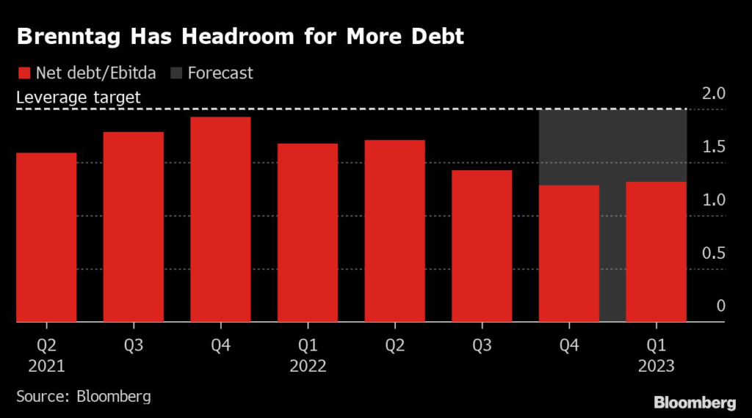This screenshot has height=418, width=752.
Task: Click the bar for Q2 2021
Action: [46, 237]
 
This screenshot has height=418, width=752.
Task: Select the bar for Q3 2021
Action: [133, 227]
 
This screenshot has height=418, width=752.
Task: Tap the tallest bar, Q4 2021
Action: [220, 219]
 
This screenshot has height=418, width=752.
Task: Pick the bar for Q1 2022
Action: [308, 232]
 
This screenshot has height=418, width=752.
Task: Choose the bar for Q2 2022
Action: [394, 230]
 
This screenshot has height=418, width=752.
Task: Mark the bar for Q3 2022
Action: [482, 246]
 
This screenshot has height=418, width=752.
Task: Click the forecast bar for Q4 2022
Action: [569, 253]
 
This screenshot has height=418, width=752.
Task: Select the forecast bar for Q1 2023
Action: [656, 252]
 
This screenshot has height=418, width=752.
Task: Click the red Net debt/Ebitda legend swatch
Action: [23, 73]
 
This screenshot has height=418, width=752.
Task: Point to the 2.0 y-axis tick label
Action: [715, 94]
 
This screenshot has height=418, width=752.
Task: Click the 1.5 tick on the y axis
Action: [715, 147]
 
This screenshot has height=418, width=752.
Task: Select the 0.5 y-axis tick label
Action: [715, 253]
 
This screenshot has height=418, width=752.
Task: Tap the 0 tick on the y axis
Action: [720, 306]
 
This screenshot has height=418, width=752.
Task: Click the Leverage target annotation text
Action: [79, 97]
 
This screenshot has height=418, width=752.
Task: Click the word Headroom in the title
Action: [228, 37]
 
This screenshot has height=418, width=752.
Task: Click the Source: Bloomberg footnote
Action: [83, 397]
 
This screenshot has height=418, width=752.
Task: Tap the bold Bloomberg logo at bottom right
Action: [695, 403]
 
